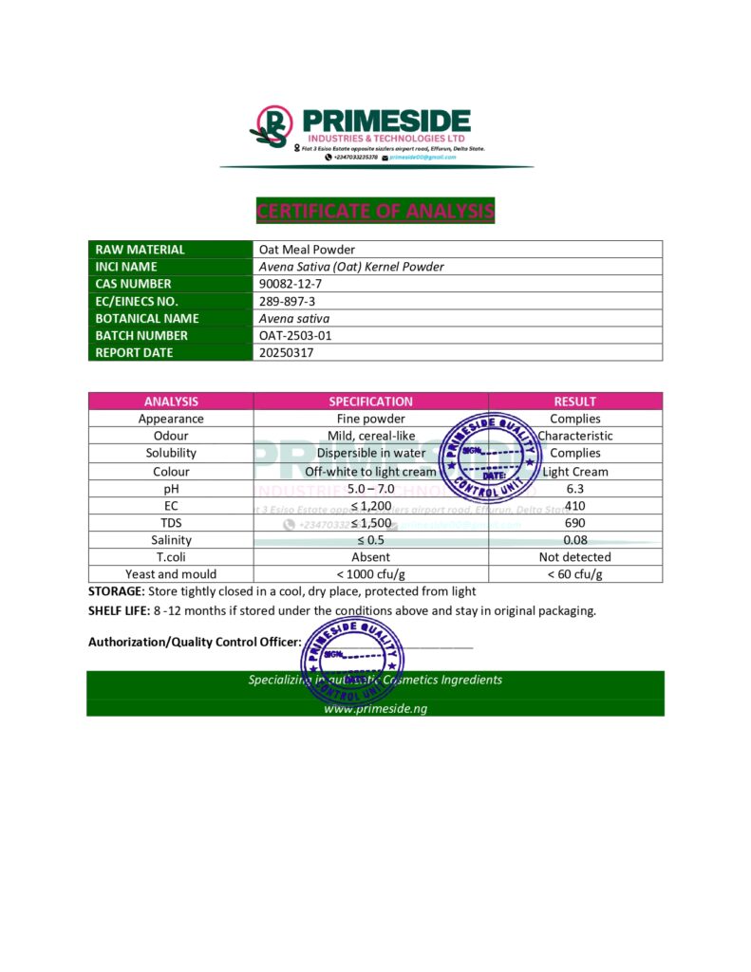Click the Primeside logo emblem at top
click(x=272, y=127)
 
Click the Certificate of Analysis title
click(x=375, y=211)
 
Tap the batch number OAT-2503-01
click(x=295, y=335)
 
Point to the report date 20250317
click(x=286, y=352)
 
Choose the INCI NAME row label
click(x=126, y=267)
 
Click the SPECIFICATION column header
click(x=370, y=402)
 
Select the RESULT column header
click(x=574, y=402)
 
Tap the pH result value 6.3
click(x=574, y=488)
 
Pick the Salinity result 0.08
click(x=574, y=540)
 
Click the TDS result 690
click(x=574, y=523)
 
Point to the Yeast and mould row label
click(x=171, y=574)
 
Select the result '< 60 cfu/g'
click(x=574, y=574)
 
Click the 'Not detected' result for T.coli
click(x=574, y=557)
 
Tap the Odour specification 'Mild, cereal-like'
click(x=370, y=436)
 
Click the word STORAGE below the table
click(x=116, y=591)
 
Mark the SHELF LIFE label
click(x=119, y=610)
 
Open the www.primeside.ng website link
click(x=375, y=708)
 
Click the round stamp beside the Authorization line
click(x=350, y=664)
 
